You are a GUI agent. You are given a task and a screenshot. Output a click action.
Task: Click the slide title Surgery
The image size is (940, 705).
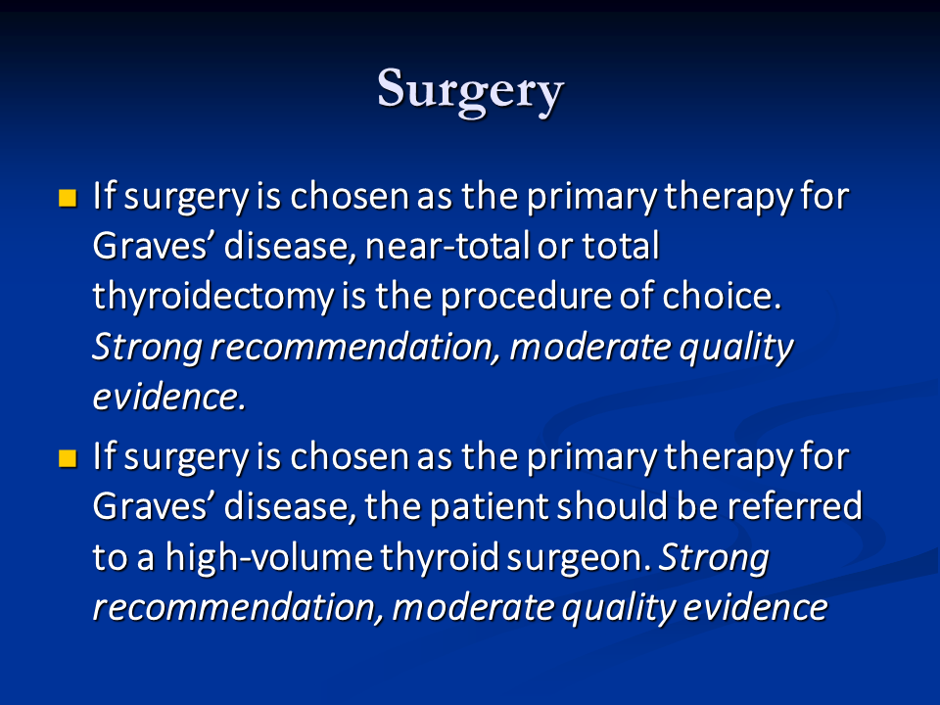coord(471,91)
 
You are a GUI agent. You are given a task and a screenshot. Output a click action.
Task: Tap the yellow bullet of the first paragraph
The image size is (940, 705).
coord(68,197)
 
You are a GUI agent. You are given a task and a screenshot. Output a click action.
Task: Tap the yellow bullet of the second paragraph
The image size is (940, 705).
coord(68,458)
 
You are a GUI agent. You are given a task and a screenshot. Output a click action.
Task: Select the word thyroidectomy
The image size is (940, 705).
coord(212,298)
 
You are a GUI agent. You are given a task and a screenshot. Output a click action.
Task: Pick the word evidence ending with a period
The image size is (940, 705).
coord(169,397)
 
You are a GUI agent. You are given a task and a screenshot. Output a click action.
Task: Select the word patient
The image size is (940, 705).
coord(489,507)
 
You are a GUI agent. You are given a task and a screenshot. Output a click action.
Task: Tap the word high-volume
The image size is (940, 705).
coord(269,557)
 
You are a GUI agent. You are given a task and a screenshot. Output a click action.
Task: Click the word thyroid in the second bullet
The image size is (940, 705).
coord(440,557)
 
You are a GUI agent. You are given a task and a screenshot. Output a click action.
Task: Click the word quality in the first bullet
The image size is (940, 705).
coord(736,348)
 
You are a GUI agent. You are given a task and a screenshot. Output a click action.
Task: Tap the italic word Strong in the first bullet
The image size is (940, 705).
coord(147,348)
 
